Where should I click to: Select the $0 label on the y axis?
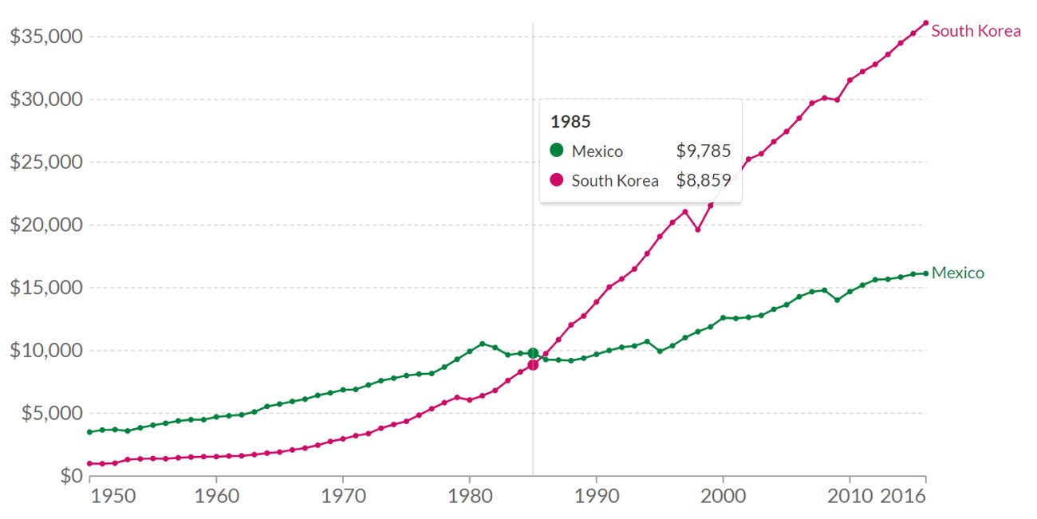click(69, 476)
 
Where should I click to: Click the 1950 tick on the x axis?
click(114, 496)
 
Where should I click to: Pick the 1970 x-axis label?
click(343, 496)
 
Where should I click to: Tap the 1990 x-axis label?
click(597, 496)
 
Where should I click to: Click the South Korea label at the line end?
click(976, 31)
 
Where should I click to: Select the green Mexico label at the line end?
click(957, 273)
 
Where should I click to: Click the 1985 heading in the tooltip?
click(570, 122)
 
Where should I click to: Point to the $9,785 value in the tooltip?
click(704, 151)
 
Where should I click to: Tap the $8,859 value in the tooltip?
click(704, 180)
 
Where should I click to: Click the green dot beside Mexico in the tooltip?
click(557, 150)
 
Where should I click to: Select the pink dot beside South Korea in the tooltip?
click(557, 179)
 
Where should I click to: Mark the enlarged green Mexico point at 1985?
click(533, 353)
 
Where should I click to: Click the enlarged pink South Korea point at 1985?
click(533, 364)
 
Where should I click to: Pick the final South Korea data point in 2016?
click(926, 23)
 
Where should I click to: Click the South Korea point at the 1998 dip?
click(698, 230)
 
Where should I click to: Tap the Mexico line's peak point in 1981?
click(482, 344)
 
